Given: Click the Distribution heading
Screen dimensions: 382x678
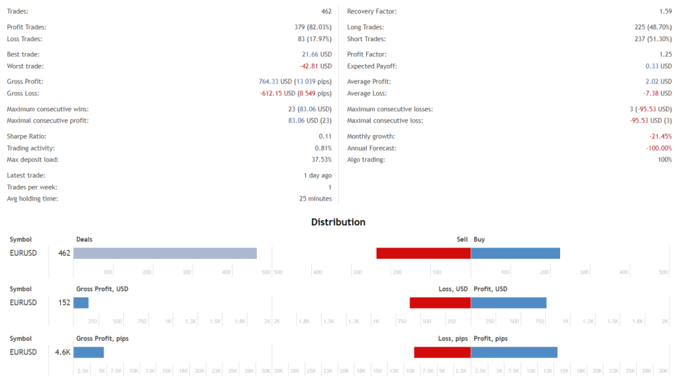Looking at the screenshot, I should [x=338, y=222].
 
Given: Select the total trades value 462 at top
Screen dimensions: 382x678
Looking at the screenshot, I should [x=326, y=12].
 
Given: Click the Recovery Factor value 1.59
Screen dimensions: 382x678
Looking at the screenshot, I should [x=665, y=12].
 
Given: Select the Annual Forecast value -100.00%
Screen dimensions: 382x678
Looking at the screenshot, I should [x=659, y=148].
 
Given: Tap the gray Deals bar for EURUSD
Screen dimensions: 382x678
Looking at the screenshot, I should [x=165, y=253].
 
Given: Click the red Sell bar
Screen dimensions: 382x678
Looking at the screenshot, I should [x=423, y=253].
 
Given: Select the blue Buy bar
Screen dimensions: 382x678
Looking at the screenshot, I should [x=515, y=253].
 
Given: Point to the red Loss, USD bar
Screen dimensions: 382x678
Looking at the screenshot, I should [x=440, y=303].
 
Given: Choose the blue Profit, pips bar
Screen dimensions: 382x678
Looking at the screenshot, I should [x=514, y=352].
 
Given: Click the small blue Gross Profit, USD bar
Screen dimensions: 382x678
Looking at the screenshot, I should [x=81, y=303].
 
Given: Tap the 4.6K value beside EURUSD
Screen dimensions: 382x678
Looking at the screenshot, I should [x=63, y=352].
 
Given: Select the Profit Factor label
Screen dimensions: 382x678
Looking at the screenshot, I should [x=367, y=54].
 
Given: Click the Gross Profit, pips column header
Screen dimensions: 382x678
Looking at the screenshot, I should [x=102, y=339].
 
